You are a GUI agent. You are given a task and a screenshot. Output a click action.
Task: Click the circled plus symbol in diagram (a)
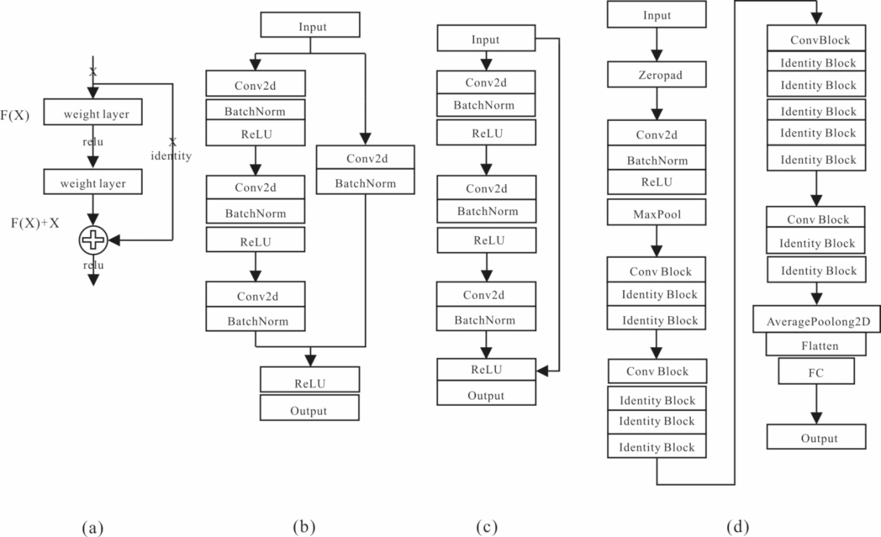93,240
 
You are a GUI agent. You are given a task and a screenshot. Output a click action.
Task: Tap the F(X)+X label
35,223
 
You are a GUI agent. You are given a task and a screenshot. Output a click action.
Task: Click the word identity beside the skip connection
171,156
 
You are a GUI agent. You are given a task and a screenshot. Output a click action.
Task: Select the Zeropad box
656,75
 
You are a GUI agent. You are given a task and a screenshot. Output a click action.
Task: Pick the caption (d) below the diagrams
738,526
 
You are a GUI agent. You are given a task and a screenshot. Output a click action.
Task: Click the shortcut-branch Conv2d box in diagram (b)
365,158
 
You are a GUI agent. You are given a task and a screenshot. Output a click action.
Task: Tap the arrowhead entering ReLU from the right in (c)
542,371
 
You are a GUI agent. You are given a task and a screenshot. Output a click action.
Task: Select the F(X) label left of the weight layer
15,115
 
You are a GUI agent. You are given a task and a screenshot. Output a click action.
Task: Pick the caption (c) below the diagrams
487,526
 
